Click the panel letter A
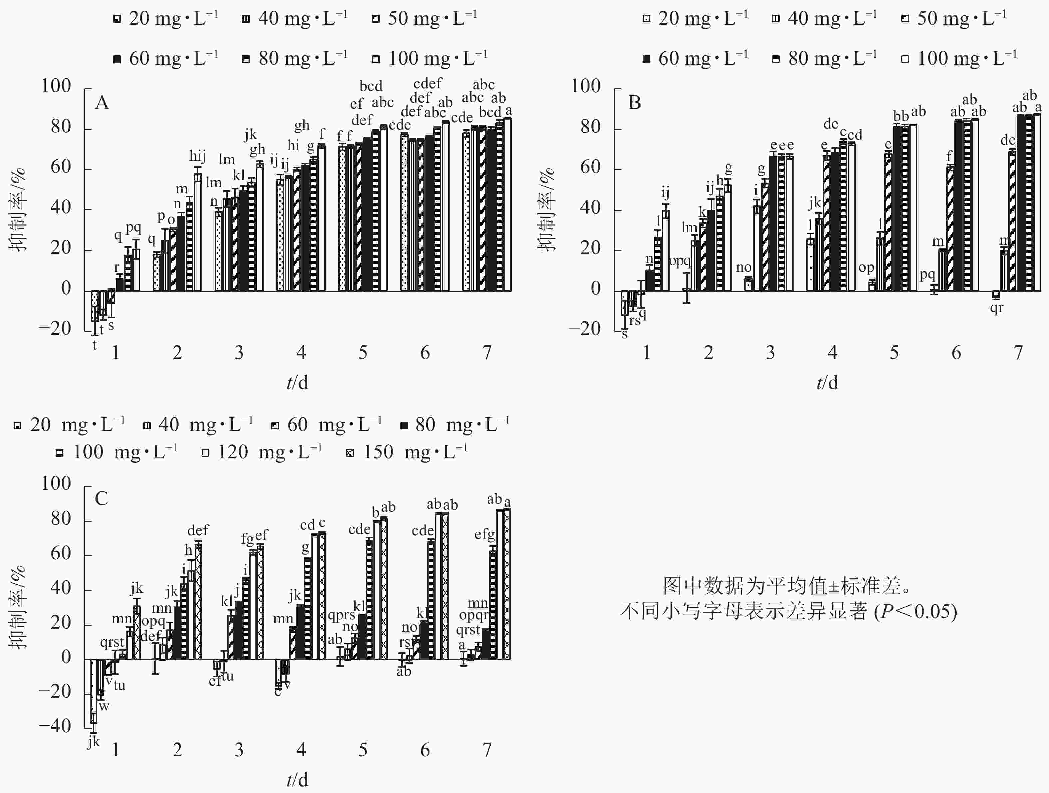102,103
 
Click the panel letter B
634,103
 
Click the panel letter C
101,499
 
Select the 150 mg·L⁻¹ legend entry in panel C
408,452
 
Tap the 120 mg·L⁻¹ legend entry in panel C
262,452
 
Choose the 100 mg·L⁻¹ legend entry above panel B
959,58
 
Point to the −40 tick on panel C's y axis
55,726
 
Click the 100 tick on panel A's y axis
56,86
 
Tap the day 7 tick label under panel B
1018,353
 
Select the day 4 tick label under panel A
301,353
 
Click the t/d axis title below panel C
297,780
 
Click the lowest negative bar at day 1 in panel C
94,690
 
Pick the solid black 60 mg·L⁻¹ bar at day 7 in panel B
1021,203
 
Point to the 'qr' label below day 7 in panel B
996,308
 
